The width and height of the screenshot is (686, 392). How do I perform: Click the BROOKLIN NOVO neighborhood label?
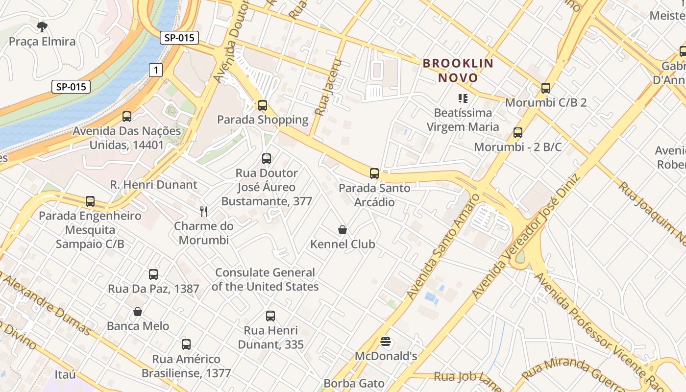458,70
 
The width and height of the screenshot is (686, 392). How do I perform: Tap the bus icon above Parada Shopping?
263,105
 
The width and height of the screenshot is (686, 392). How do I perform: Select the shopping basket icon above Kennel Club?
343,230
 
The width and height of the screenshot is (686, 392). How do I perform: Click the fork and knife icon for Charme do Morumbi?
204,212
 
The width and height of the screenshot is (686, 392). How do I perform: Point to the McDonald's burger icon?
386,342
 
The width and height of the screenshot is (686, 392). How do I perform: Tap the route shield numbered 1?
156,71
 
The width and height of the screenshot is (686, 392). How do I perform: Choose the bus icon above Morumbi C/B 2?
546,88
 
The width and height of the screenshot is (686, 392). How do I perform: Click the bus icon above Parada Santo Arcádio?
374,173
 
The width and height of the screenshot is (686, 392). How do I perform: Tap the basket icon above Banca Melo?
138,312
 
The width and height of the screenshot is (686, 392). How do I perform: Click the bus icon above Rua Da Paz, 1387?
153,274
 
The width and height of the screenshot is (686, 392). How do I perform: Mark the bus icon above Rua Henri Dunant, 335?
270,316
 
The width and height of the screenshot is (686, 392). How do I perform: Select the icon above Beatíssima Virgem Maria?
463,98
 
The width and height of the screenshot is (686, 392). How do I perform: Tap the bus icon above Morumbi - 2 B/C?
518,132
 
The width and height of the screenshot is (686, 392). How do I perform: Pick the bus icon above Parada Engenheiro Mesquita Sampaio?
90,201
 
